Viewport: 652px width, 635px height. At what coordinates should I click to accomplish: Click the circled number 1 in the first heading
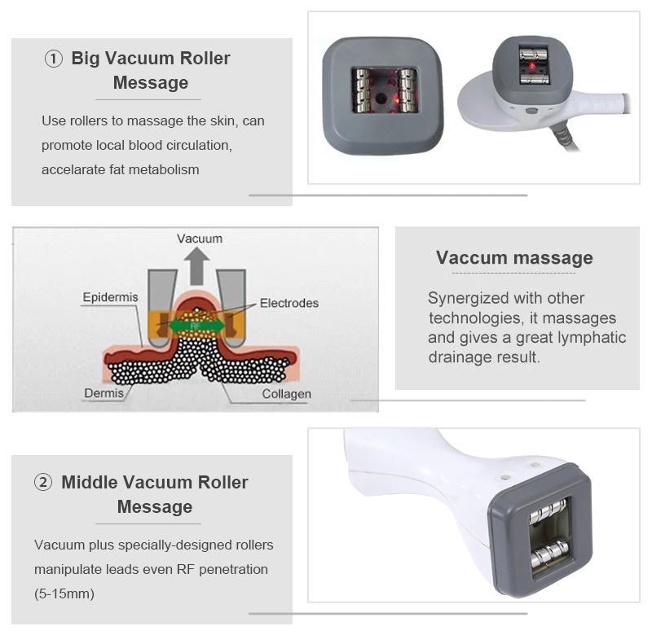coord(53,59)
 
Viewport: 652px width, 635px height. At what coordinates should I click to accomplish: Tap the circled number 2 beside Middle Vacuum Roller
coord(43,482)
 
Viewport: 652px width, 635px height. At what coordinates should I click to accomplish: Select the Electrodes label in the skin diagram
coord(289,303)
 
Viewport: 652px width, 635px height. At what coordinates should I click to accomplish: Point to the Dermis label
coord(104,393)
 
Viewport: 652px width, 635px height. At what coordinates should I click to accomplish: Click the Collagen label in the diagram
coord(286,394)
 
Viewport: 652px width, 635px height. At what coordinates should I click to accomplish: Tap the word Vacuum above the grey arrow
coord(200,239)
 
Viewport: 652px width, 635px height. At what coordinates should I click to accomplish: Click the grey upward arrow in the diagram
coord(196,265)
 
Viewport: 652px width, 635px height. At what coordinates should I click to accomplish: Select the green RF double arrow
coord(196,326)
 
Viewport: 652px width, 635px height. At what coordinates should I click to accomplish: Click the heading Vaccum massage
coord(514,258)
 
